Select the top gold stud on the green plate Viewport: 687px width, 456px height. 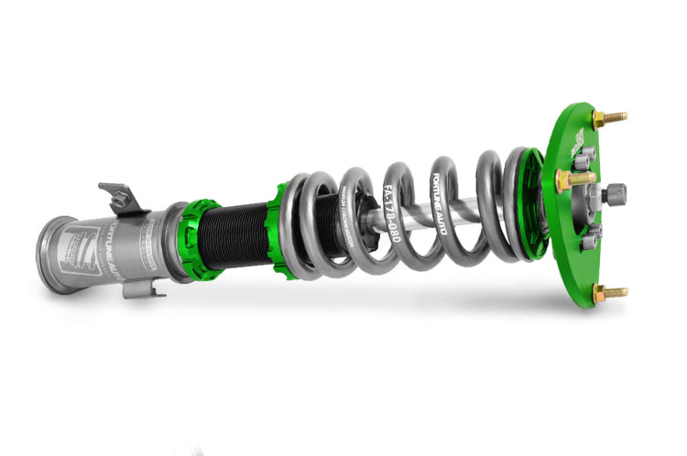click(x=609, y=119)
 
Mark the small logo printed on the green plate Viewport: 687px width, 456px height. click(x=579, y=136)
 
